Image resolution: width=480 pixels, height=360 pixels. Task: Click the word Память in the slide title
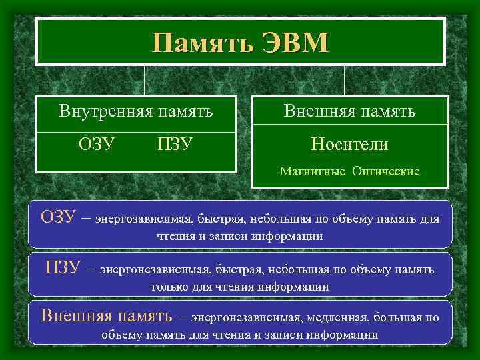coord(197,43)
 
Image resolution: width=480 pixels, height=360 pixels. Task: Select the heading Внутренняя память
coord(136,111)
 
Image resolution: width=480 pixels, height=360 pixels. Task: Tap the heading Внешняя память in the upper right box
coord(350,111)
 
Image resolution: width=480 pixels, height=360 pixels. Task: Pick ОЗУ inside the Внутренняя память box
coord(96,144)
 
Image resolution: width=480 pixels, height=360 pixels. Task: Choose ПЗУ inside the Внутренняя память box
coord(175,144)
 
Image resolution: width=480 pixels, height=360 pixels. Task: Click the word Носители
coord(350,144)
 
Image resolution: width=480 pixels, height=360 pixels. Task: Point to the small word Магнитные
coord(313,171)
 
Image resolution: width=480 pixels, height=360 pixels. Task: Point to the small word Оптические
coord(386,171)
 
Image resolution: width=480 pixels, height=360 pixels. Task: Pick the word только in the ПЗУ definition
coord(171,287)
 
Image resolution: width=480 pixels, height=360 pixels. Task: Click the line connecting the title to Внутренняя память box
coord(145,81)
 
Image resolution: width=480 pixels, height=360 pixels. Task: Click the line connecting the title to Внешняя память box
coord(344,81)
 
